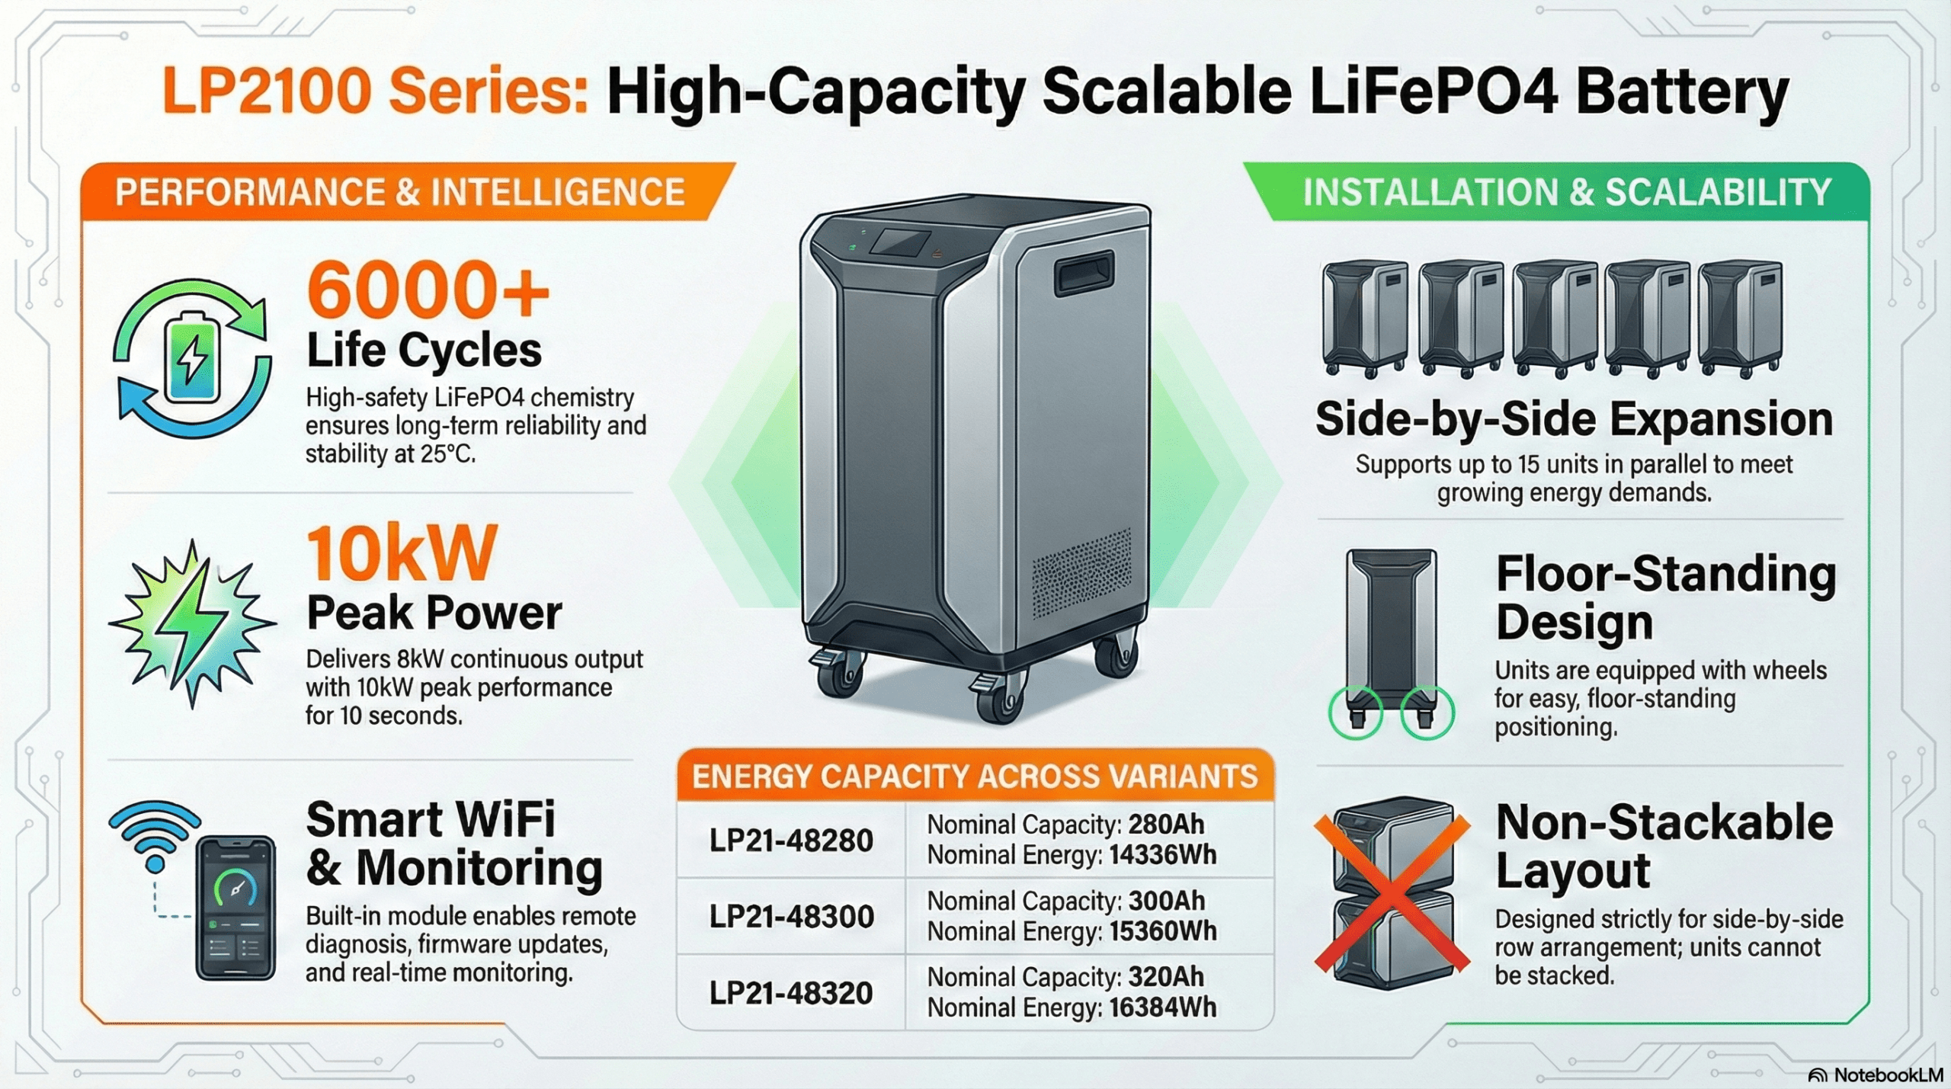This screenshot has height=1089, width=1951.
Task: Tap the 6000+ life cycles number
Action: tap(428, 290)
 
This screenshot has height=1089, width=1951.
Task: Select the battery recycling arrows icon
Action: tap(192, 358)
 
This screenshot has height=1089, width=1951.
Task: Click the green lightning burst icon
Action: tap(191, 622)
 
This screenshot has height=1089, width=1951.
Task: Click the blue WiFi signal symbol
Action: tap(155, 835)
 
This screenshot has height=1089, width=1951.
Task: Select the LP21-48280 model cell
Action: tap(791, 840)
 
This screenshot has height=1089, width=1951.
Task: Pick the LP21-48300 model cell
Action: tap(791, 916)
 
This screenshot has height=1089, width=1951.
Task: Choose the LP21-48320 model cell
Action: tap(791, 992)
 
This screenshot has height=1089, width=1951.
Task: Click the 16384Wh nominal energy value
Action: tap(1162, 1007)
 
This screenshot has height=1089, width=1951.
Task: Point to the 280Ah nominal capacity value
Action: tap(1166, 824)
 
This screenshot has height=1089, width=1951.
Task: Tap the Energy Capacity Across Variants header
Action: tap(975, 776)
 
